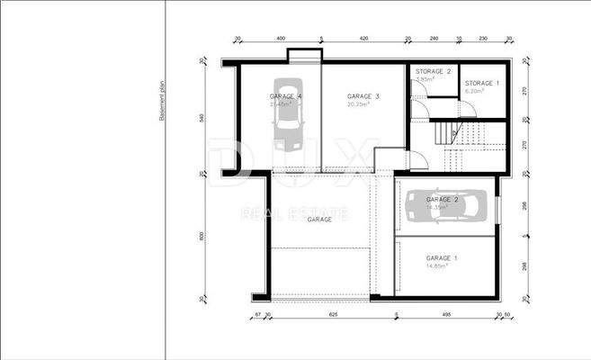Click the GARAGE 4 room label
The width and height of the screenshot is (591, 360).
(286, 96)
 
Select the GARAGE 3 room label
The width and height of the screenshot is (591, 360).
(363, 96)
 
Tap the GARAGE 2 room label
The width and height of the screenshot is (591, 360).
(443, 199)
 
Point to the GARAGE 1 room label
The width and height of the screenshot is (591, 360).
(442, 258)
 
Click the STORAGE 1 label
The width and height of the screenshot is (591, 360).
(480, 84)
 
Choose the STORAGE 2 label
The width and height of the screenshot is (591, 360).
(433, 71)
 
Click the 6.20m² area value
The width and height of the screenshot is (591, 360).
(475, 91)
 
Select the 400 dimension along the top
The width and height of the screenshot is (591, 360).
(281, 40)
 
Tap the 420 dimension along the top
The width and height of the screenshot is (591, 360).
(363, 40)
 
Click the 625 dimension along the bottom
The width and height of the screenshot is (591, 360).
(333, 316)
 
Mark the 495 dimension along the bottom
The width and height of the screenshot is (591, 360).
(445, 316)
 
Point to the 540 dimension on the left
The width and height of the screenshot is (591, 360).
(202, 118)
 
